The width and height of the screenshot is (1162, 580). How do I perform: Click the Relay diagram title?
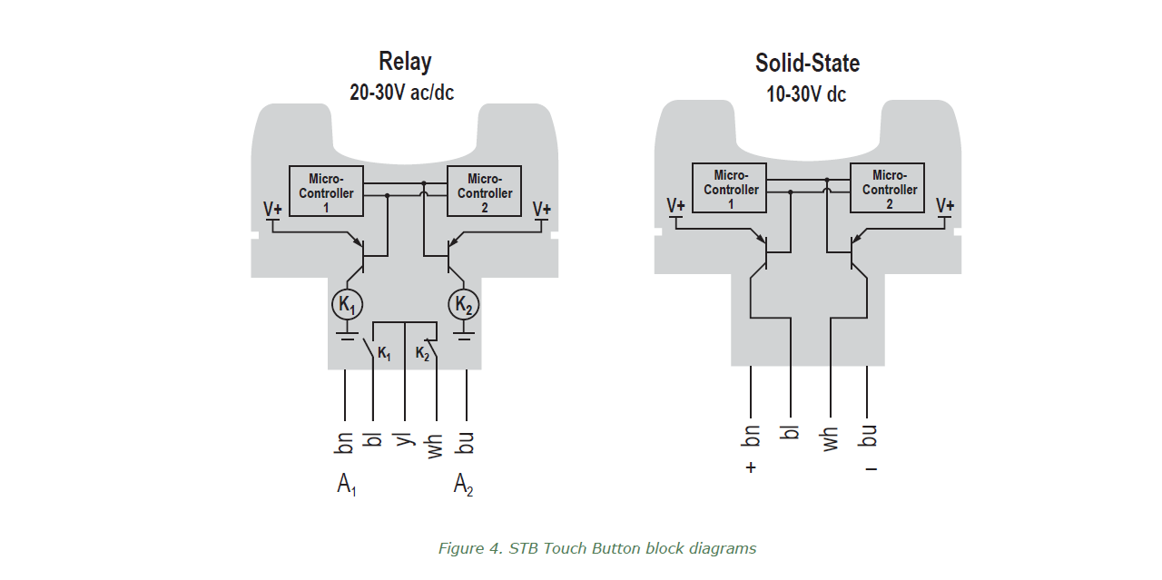pyautogui.click(x=405, y=62)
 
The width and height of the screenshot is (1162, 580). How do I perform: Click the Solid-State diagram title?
pyautogui.click(x=807, y=63)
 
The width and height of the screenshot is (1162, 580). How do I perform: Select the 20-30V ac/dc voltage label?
pyautogui.click(x=401, y=93)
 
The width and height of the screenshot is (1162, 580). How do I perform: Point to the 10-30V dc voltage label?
pyautogui.click(x=806, y=93)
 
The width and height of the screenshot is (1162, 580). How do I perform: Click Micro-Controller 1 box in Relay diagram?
pyautogui.click(x=326, y=191)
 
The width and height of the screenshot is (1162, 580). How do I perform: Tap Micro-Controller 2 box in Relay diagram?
pyautogui.click(x=485, y=191)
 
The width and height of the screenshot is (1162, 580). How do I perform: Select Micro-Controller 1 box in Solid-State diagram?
pyautogui.click(x=730, y=188)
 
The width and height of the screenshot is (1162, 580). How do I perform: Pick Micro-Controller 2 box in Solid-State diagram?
pyautogui.click(x=888, y=188)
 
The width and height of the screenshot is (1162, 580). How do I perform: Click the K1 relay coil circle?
pyautogui.click(x=347, y=304)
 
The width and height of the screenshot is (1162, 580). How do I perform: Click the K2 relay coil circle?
pyautogui.click(x=464, y=304)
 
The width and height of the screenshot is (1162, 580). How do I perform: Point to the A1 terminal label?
pyautogui.click(x=347, y=486)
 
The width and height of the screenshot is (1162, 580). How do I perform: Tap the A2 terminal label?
pyautogui.click(x=464, y=486)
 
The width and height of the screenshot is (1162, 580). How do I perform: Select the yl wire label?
pyautogui.click(x=404, y=439)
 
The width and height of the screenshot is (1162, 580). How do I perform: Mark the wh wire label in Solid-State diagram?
pyautogui.click(x=830, y=438)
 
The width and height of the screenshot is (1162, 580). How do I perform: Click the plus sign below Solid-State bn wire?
pyautogui.click(x=751, y=468)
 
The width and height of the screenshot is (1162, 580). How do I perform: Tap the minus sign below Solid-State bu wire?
pyautogui.click(x=871, y=469)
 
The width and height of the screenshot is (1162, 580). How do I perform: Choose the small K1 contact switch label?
pyautogui.click(x=384, y=353)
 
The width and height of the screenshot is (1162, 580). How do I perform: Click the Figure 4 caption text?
pyautogui.click(x=596, y=548)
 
